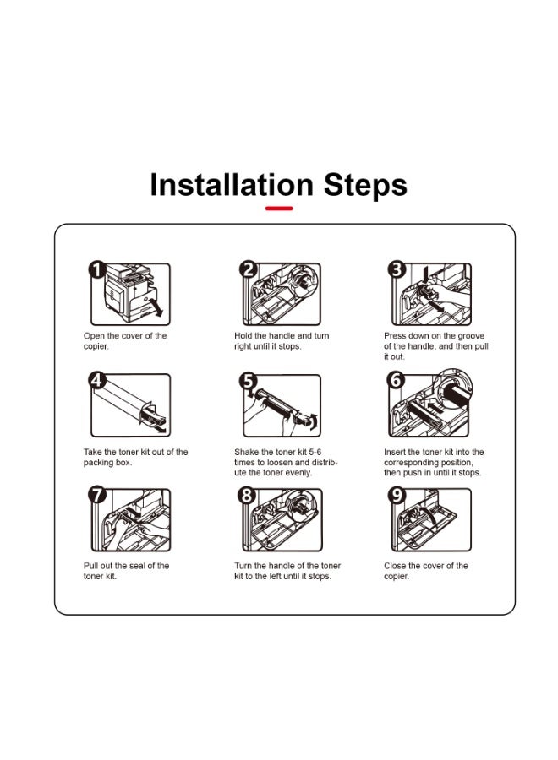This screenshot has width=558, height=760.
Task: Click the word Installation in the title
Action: [x=232, y=185]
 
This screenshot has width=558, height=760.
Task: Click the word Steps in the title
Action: [x=365, y=185]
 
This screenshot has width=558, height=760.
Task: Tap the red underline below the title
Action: [x=279, y=209]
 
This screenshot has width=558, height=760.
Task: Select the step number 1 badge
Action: [x=97, y=270]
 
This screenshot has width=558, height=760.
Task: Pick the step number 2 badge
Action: [x=249, y=269]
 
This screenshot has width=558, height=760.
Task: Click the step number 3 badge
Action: [x=397, y=269]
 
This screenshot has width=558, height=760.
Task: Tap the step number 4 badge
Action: [x=97, y=380]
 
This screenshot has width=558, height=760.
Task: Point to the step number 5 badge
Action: [x=248, y=381]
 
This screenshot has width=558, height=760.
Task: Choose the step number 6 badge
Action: [x=396, y=380]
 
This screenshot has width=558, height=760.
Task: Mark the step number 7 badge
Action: [x=97, y=495]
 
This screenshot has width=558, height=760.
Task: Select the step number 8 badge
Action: [x=247, y=495]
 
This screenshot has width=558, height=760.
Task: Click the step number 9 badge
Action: [x=397, y=495]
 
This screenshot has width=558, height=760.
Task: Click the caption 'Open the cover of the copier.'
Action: [x=124, y=341]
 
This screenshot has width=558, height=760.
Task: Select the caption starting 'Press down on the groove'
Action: [x=436, y=346]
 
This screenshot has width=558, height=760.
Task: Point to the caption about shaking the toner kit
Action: [x=286, y=463]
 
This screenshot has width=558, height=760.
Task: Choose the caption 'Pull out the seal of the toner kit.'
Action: [x=126, y=571]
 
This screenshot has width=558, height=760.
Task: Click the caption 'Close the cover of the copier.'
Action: [x=426, y=571]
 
